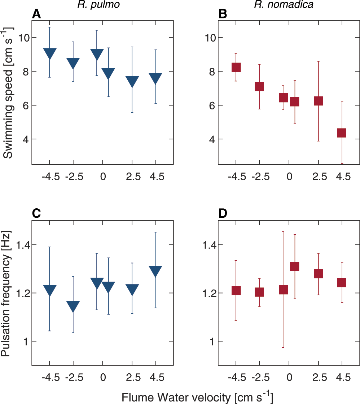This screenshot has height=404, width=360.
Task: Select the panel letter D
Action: pos(223,214)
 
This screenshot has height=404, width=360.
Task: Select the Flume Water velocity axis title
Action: pos(197,397)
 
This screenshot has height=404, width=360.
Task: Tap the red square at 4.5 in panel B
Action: pos(341,133)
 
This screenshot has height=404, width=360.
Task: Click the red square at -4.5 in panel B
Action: pos(236,67)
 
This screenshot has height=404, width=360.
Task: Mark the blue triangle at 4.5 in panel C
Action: pos(155,271)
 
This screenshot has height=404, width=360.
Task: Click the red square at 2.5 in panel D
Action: pos(318,273)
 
